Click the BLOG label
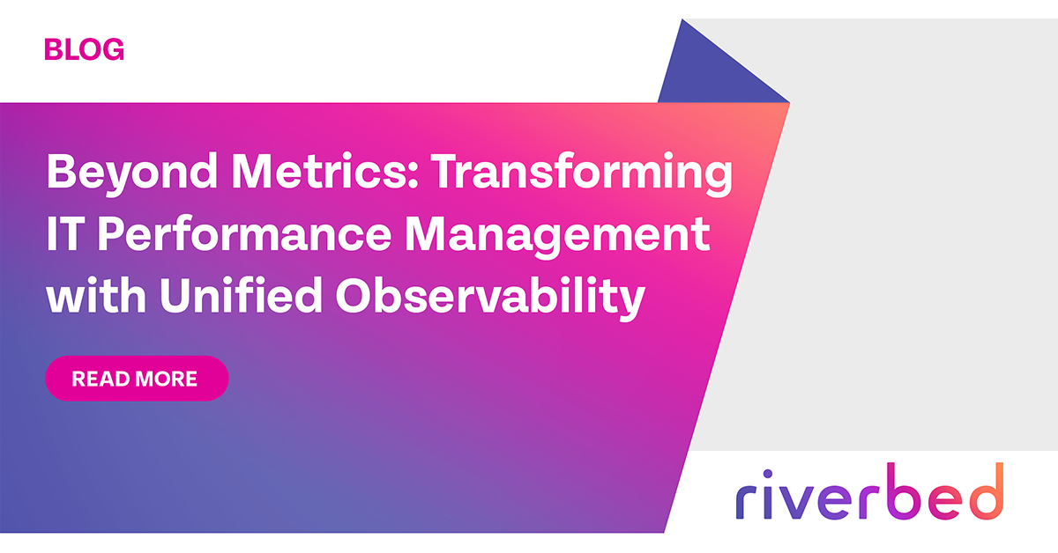tap(84, 49)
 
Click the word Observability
tap(488, 297)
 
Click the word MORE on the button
tap(167, 380)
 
